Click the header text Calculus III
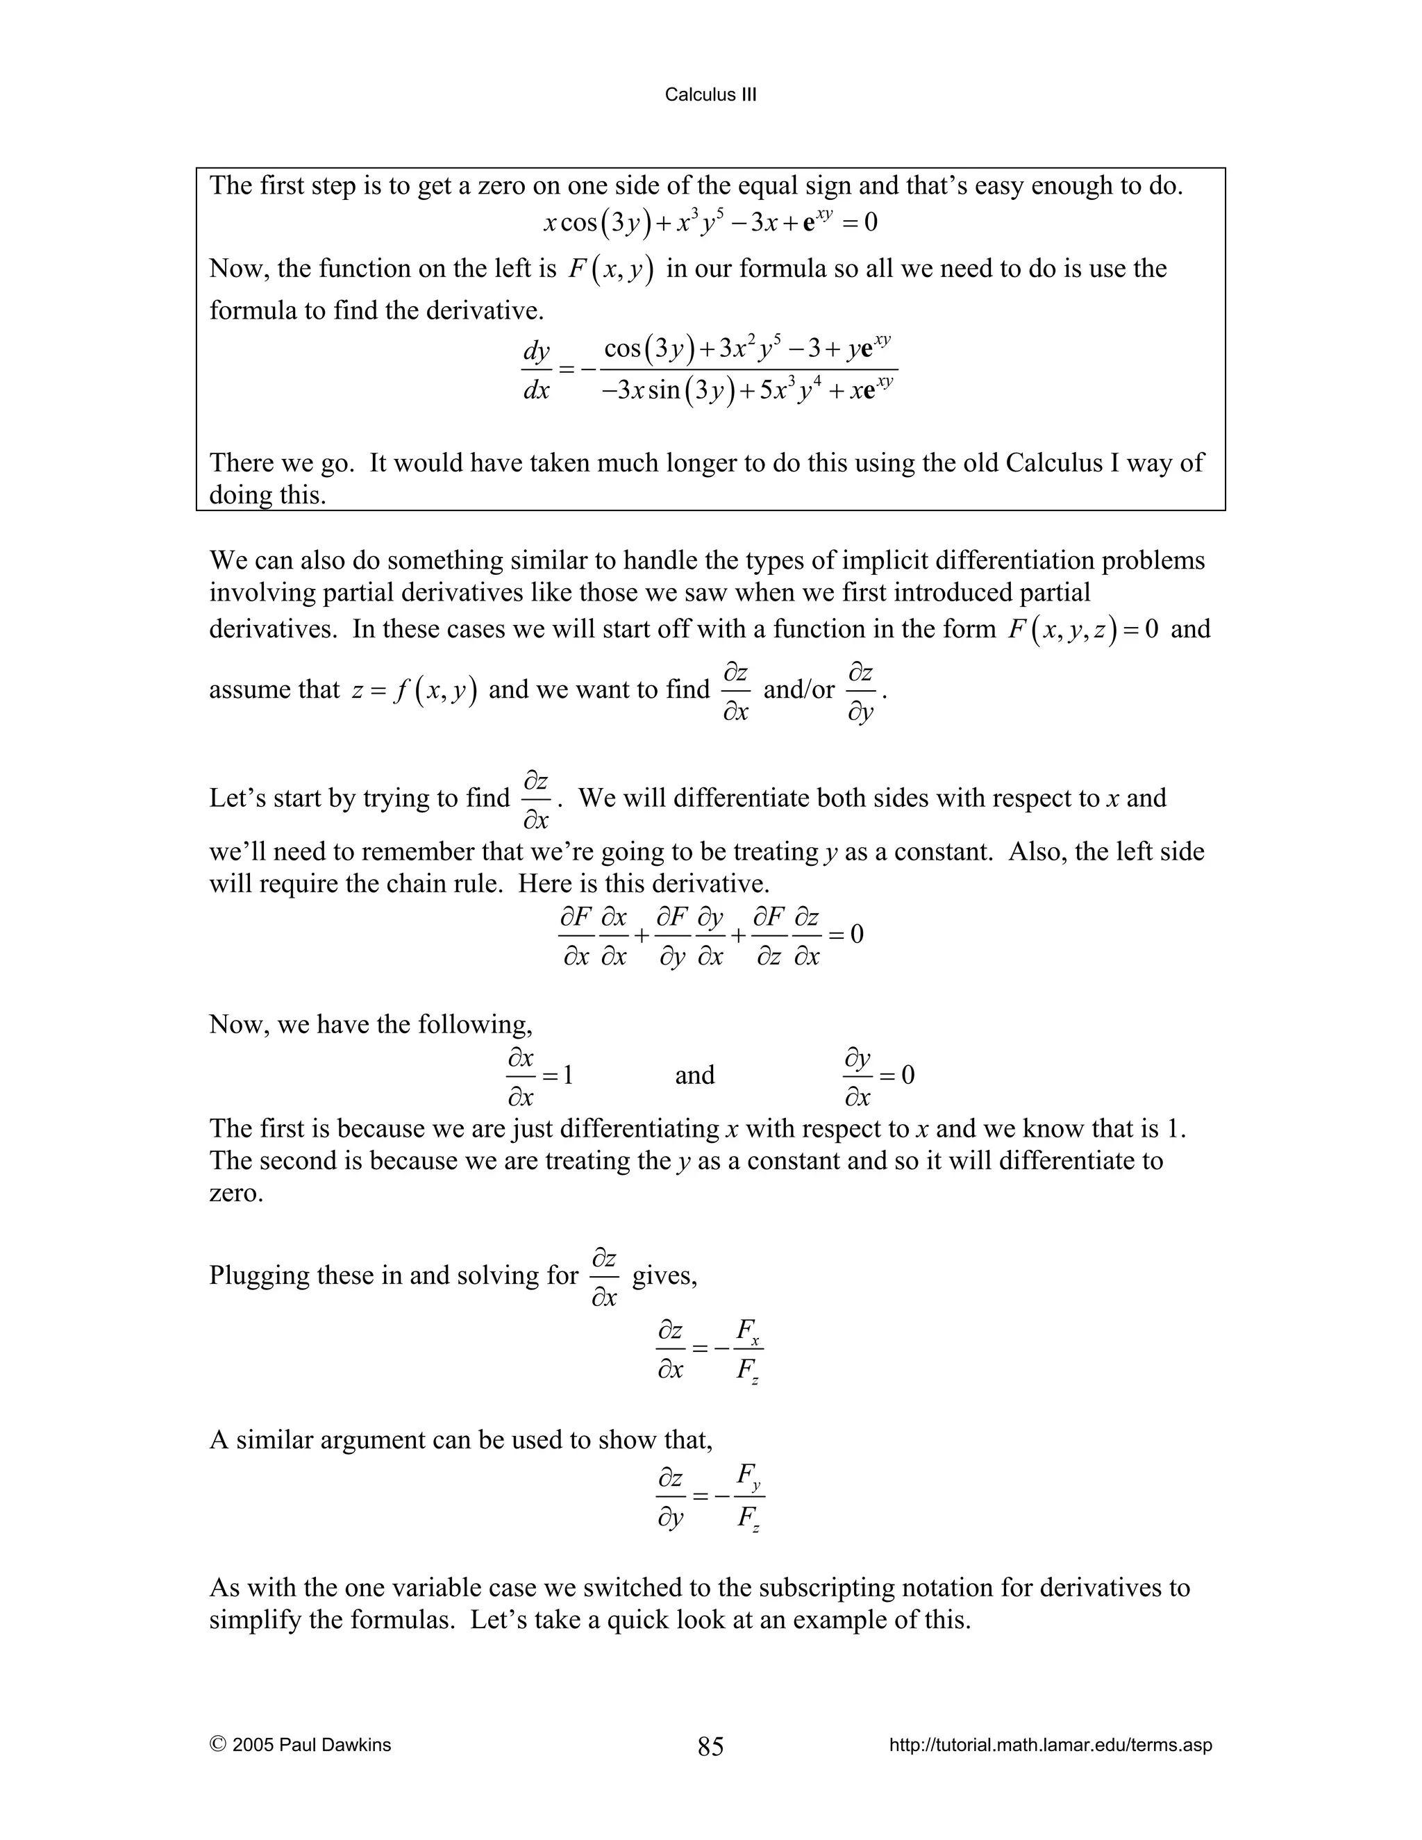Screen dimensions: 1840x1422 point(710,94)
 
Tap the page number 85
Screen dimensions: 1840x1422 point(710,1746)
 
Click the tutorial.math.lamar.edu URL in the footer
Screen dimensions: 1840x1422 point(1050,1745)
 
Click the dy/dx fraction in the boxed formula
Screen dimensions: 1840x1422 point(536,370)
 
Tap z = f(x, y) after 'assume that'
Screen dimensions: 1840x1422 point(415,690)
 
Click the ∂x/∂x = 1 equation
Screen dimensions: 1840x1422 point(539,1076)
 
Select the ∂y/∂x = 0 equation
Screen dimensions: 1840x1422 point(878,1076)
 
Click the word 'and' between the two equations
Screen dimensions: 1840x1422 point(694,1076)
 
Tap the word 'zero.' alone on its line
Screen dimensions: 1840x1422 point(236,1193)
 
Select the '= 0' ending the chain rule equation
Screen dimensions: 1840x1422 point(845,935)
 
